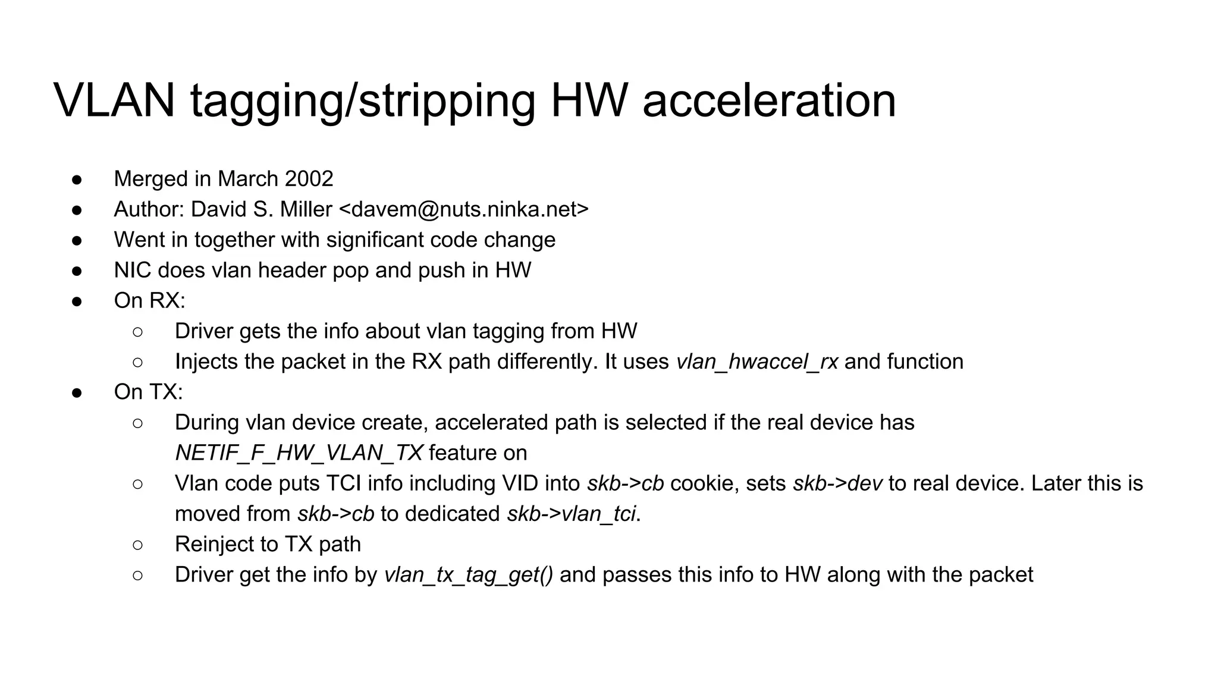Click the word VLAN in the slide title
click(x=114, y=100)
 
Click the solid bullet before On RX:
click(x=77, y=301)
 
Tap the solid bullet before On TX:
click(x=77, y=392)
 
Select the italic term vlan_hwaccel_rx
click(x=757, y=362)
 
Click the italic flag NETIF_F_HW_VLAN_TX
click(x=299, y=453)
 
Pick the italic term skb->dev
click(x=837, y=483)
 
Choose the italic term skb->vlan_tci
click(x=571, y=514)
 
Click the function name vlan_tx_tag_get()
click(x=469, y=575)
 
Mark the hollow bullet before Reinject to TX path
click(x=138, y=545)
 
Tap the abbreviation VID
click(x=520, y=483)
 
